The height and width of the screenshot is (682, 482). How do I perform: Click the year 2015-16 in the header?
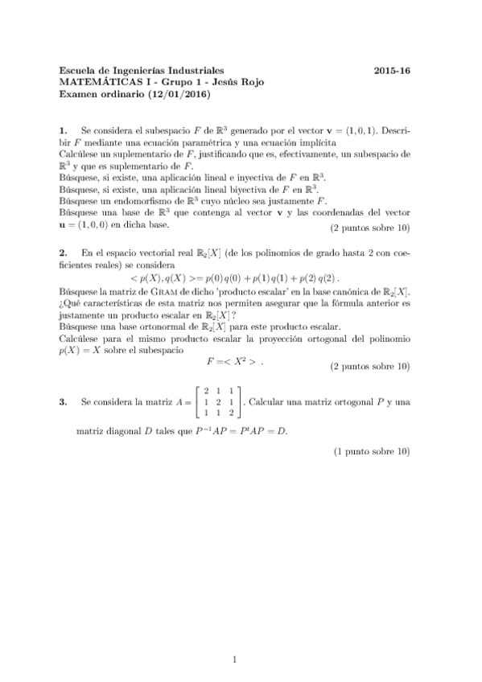pyautogui.click(x=393, y=71)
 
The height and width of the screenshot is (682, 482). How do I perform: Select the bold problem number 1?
pyautogui.click(x=64, y=129)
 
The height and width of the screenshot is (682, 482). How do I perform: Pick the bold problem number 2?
pyautogui.click(x=64, y=253)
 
